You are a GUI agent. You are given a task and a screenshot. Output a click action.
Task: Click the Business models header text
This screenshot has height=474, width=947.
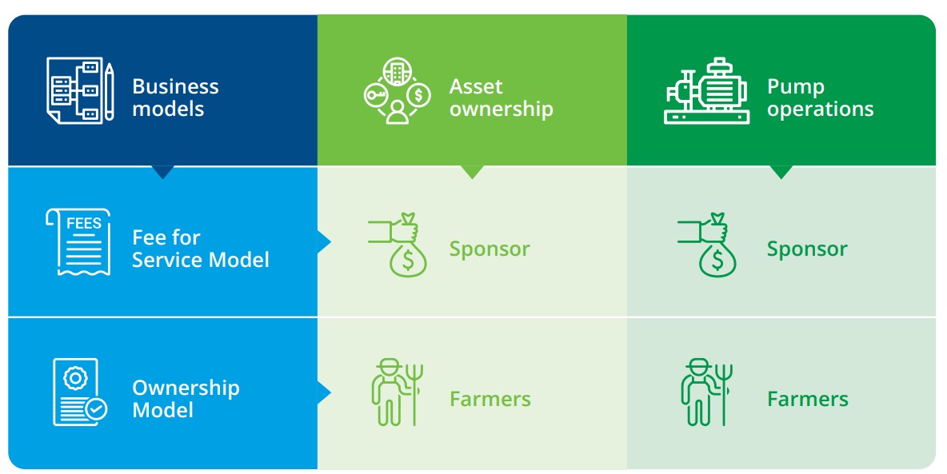tap(175, 98)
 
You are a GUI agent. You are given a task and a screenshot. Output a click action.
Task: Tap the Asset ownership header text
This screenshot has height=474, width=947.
tap(501, 98)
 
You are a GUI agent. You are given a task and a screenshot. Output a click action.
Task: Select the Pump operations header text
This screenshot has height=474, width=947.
tap(820, 98)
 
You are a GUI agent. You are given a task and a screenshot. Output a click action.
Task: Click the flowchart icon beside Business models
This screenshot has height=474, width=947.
tap(80, 90)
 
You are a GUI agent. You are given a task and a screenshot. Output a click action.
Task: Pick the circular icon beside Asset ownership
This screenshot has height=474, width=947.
tap(397, 90)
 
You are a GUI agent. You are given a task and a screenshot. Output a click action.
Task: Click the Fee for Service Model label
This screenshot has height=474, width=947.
tap(201, 248)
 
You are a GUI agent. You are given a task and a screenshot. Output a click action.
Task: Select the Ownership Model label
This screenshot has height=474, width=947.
tap(186, 399)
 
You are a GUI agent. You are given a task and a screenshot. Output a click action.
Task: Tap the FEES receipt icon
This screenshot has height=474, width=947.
tap(78, 241)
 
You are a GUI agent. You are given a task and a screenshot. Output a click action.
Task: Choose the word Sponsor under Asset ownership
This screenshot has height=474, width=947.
tap(489, 249)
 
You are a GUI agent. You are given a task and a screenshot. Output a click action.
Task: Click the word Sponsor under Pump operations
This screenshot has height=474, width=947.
tap(808, 249)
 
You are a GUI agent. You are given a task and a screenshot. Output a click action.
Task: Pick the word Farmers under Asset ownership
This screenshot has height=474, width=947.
tap(490, 399)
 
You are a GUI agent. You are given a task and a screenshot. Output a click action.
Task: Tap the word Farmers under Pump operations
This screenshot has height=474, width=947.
tap(808, 399)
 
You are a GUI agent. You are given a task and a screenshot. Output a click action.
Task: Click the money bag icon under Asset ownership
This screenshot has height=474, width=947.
tap(398, 245)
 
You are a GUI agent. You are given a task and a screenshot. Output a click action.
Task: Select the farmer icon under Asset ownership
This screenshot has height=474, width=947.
tap(397, 392)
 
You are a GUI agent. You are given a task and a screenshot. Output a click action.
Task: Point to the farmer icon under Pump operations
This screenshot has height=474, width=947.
tap(706, 392)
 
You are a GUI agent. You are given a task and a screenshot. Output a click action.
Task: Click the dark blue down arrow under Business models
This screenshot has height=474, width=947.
tap(162, 172)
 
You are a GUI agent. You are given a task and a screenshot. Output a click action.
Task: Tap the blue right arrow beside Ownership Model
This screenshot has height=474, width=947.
tap(324, 392)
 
